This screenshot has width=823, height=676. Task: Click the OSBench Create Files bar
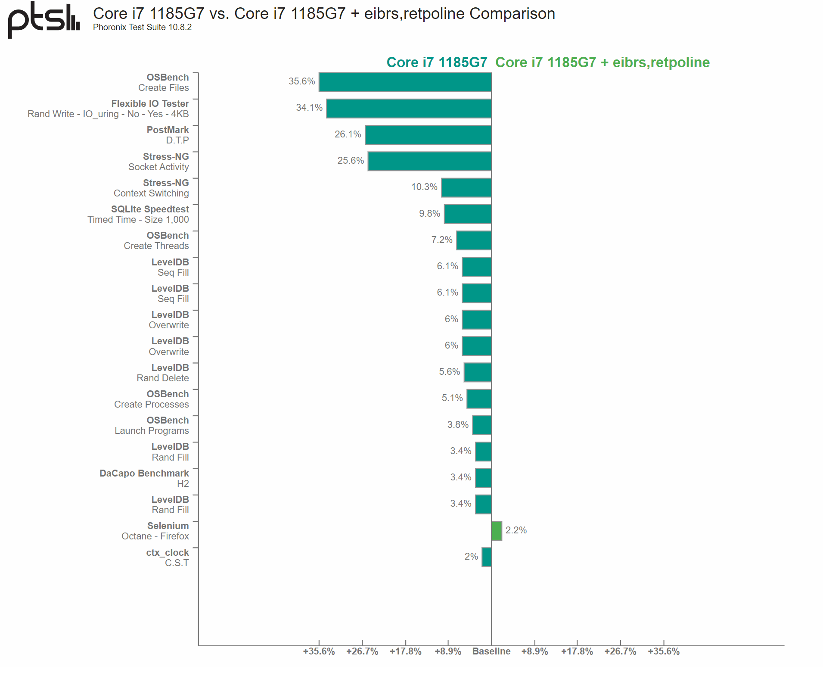coord(405,82)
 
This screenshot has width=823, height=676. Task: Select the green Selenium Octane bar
coord(497,530)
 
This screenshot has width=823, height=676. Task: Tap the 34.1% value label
coord(309,108)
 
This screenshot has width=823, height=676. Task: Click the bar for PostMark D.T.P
coord(428,135)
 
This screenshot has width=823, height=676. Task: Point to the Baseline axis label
coord(491,651)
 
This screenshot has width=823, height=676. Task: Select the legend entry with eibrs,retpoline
coord(602,62)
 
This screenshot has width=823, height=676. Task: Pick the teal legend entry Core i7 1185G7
coord(436,62)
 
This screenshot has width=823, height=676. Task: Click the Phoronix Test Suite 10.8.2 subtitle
coord(142,27)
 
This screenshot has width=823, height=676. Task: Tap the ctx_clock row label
coord(167,553)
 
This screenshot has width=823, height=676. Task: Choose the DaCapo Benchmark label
coord(144,474)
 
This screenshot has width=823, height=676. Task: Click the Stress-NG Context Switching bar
coord(466,187)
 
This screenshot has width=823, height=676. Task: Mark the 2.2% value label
coord(516,530)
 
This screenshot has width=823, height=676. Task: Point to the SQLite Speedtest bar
coord(468,214)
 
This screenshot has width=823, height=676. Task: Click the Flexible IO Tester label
coord(150,104)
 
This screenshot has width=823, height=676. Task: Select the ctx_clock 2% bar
coord(487,557)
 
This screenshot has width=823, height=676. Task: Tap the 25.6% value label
coord(351,161)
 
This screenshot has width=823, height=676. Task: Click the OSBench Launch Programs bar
coord(482,425)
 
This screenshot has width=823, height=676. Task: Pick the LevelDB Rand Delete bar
coord(478,372)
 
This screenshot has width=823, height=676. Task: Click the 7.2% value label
coord(441,240)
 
